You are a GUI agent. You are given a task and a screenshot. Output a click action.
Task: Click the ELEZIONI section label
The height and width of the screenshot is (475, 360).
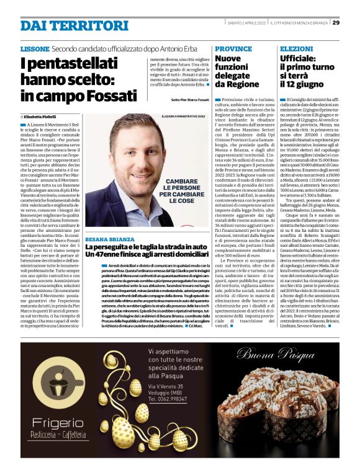297,48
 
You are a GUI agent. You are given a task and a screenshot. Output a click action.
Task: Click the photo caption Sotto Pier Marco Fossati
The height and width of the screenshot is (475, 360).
190,100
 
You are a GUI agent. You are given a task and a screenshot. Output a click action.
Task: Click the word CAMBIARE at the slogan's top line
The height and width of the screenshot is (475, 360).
174,183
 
